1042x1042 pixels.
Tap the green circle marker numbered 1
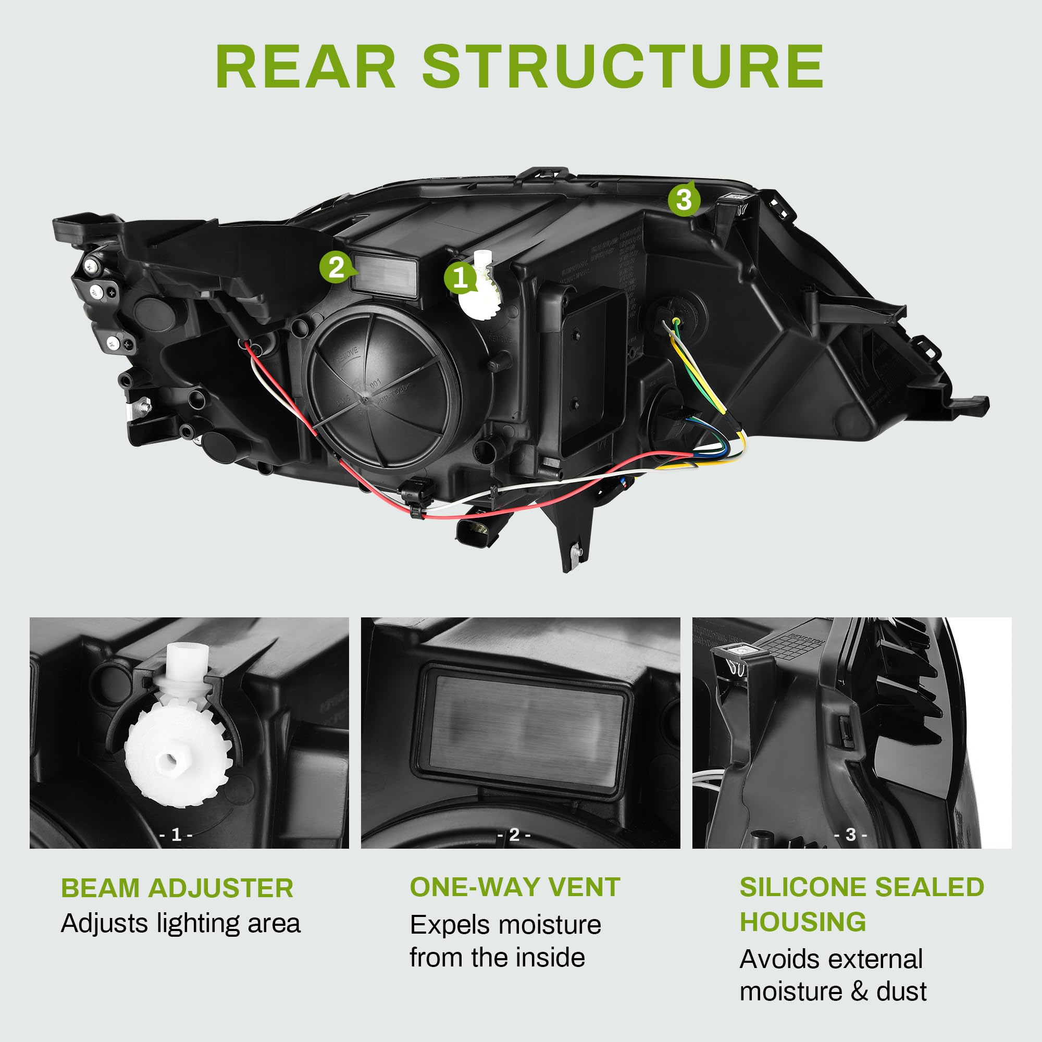(x=460, y=278)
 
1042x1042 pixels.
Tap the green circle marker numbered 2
(x=336, y=267)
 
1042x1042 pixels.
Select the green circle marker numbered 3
(x=684, y=200)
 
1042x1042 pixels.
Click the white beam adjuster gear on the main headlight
(x=481, y=294)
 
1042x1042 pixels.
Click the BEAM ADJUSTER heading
(x=177, y=888)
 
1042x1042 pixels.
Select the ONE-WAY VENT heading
(x=515, y=887)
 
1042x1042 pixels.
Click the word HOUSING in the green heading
(x=802, y=922)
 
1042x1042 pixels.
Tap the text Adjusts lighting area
(x=180, y=923)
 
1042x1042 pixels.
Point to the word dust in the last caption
(x=901, y=991)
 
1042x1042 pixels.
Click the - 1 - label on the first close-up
(x=176, y=835)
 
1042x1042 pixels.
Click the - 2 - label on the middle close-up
(x=514, y=835)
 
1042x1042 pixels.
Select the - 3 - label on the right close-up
(x=851, y=835)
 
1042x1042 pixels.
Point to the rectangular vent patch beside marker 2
(x=384, y=275)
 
